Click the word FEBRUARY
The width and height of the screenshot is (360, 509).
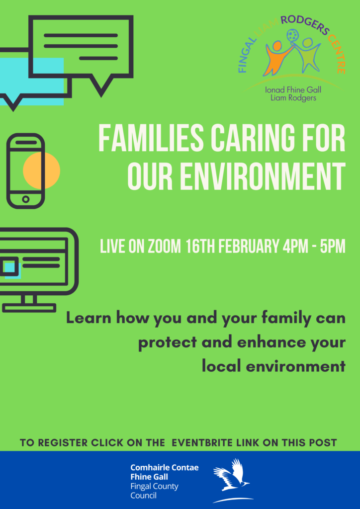click(248, 247)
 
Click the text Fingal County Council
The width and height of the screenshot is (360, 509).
click(154, 491)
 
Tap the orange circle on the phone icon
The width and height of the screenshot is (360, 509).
click(42, 170)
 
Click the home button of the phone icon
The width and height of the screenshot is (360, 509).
click(25, 199)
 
